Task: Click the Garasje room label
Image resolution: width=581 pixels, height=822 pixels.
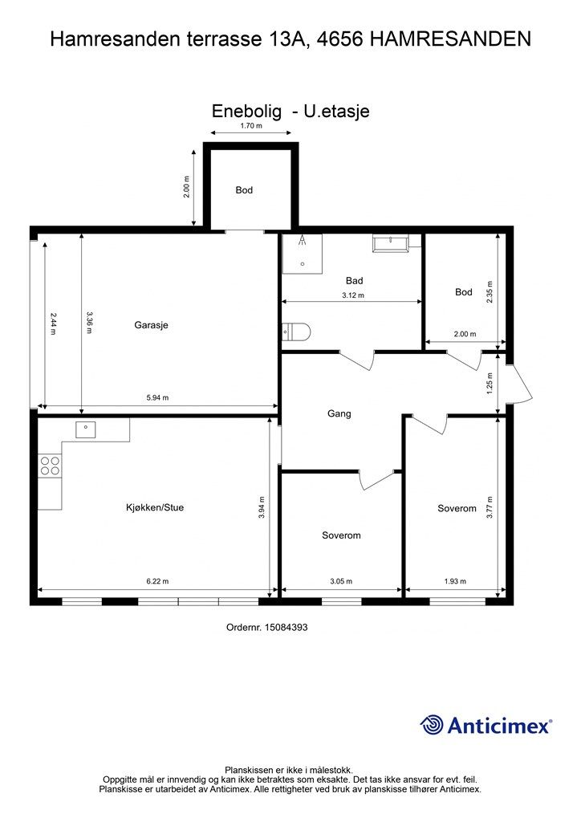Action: coord(151,325)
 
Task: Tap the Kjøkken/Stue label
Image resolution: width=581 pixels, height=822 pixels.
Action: coord(155,507)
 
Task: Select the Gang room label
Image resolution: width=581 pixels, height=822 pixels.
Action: coord(339,413)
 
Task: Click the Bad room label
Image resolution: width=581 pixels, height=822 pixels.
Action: coord(354,280)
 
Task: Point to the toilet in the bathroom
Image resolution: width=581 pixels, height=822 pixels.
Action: coord(297,332)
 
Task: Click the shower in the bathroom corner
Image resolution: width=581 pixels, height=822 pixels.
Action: coord(303,254)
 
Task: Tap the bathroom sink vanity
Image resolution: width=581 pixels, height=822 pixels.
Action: coord(391,243)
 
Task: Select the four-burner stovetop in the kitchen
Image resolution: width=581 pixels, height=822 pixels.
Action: coord(50,466)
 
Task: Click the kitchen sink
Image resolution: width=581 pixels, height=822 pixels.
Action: coord(85,429)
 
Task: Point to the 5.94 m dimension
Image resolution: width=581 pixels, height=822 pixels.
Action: coord(157,398)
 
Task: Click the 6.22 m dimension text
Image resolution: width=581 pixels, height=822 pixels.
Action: coord(157,581)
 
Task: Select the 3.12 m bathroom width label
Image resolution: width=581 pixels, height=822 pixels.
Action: coord(352,295)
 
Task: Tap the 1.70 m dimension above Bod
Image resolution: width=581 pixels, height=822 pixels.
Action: coord(251,126)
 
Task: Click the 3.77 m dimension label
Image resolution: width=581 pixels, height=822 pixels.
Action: coord(490,507)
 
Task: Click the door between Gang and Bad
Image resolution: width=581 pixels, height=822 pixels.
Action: coord(357,360)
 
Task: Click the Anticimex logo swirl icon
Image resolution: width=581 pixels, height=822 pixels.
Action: coord(432,725)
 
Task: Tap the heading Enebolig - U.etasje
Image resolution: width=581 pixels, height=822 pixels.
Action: coord(290,111)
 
